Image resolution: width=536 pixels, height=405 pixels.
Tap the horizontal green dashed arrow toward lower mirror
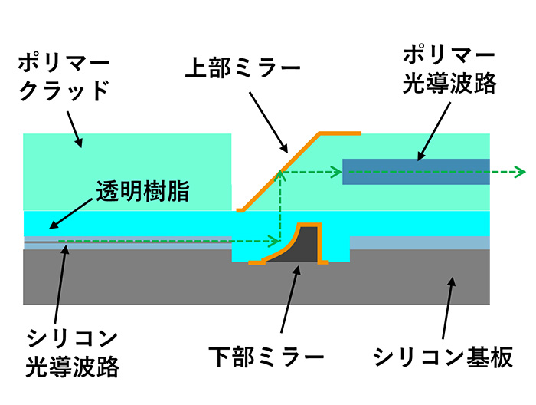tap(168, 242)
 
